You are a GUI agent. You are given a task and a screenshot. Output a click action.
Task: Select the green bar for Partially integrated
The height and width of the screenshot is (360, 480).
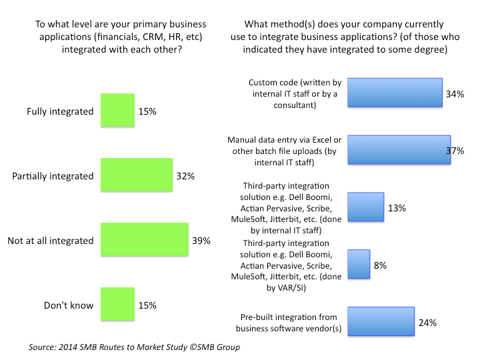click(x=136, y=175)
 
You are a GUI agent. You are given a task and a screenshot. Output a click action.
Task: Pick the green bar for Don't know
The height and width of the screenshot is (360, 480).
click(x=117, y=305)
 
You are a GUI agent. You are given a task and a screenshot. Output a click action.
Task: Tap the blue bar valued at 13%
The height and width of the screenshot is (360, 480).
click(x=366, y=207)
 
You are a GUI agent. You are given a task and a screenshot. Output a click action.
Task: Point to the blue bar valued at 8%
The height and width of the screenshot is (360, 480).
click(x=359, y=264)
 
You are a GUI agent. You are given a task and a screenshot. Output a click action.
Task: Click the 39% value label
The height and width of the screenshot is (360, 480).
click(x=201, y=241)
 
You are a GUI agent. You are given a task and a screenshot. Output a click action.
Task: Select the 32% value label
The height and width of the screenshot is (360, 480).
click(x=185, y=176)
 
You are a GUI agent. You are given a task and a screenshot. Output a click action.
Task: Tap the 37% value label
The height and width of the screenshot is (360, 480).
click(x=455, y=151)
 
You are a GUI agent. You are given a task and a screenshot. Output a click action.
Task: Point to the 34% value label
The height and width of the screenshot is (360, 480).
click(x=455, y=95)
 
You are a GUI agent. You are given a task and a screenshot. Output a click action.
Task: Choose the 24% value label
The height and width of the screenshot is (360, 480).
click(x=427, y=323)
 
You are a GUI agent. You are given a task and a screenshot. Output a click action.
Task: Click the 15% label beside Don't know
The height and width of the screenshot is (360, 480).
click(x=147, y=305)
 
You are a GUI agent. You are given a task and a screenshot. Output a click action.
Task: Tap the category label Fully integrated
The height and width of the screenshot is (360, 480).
click(x=61, y=111)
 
